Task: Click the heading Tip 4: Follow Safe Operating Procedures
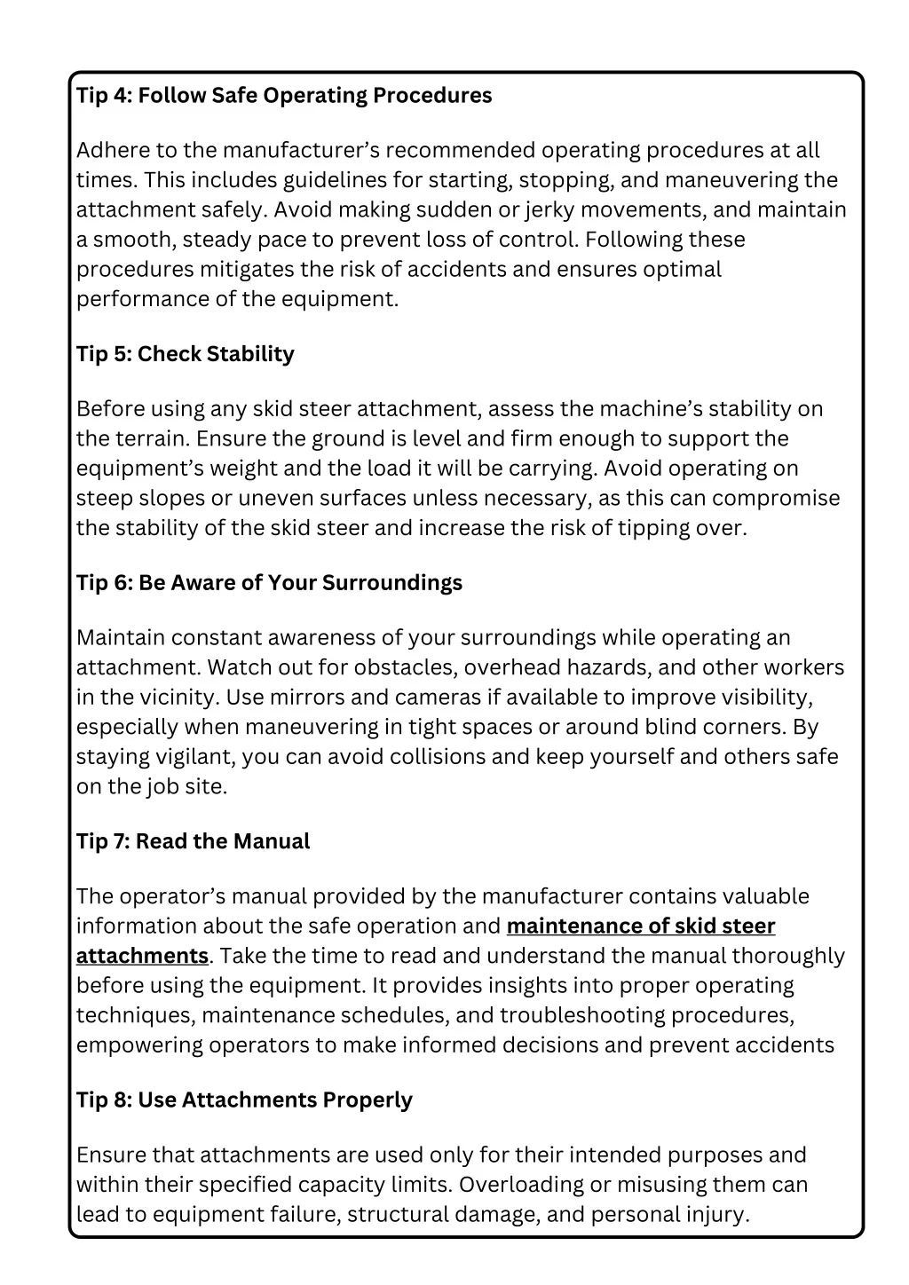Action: (x=284, y=96)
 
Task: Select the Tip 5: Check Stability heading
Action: (x=186, y=354)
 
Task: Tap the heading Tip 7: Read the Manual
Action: (x=193, y=841)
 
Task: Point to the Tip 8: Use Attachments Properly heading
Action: (x=244, y=1100)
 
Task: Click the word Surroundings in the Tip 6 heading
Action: (x=391, y=583)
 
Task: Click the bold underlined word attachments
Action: (x=142, y=956)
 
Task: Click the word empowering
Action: (x=139, y=1045)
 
